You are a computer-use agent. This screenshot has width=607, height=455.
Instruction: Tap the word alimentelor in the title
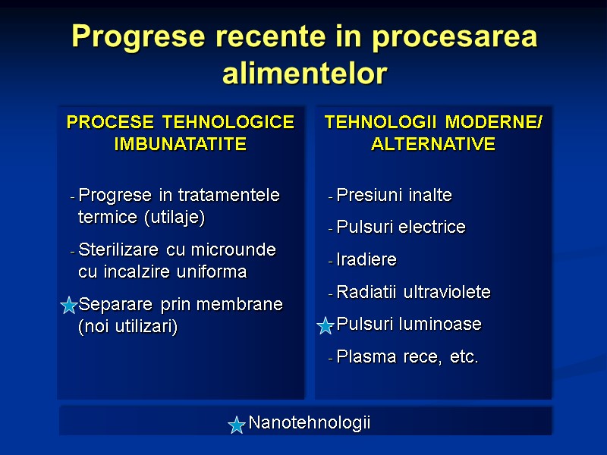pos(304,74)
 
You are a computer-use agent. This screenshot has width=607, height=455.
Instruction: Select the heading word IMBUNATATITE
pos(180,144)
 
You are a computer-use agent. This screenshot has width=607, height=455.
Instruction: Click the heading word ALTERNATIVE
pos(433,144)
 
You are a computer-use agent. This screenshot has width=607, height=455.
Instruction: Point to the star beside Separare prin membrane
pos(68,306)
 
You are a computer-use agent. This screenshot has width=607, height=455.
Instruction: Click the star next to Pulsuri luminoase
pos(326,326)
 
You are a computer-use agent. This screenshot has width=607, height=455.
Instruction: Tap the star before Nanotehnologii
pos(237,425)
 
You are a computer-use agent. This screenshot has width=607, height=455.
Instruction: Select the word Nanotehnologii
pos(310,423)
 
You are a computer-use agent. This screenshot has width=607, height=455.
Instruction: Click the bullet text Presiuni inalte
pos(394,196)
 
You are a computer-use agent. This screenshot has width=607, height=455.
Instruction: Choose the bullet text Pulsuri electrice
pos(401,227)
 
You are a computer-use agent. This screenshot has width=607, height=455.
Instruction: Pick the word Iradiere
pos(366,260)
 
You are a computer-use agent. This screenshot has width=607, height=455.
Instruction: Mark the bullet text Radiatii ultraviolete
pos(414,292)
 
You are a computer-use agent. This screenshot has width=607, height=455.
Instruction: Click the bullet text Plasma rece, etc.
pos(407,357)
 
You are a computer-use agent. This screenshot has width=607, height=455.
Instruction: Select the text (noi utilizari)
pos(127,327)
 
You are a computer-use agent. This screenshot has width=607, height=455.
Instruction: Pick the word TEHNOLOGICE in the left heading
pos(228,123)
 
